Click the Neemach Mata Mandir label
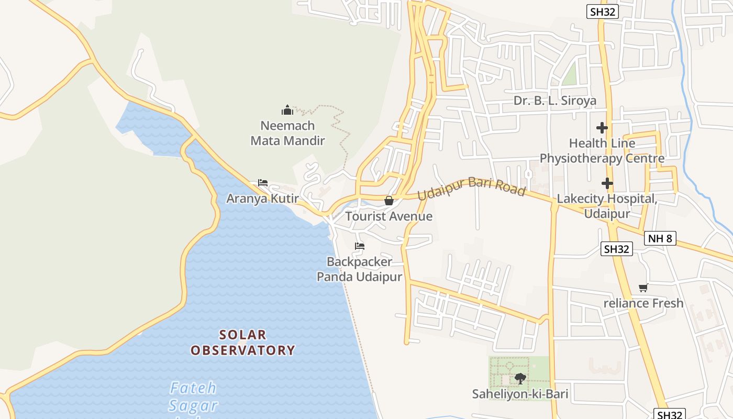click(x=287, y=133)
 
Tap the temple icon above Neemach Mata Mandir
click(x=287, y=111)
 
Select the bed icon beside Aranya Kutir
click(x=263, y=183)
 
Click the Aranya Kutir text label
click(x=262, y=199)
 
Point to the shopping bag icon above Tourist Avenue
click(x=389, y=200)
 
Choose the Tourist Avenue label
click(x=388, y=216)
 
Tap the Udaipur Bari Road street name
click(x=471, y=187)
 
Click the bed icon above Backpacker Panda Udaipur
click(x=359, y=246)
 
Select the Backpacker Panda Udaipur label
click(x=359, y=269)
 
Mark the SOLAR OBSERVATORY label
click(x=243, y=343)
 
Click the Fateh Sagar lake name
click(x=193, y=396)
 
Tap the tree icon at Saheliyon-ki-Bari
click(x=520, y=378)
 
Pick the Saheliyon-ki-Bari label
click(x=520, y=394)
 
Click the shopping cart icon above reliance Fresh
click(x=643, y=288)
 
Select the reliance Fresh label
click(x=643, y=303)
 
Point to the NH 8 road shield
click(x=660, y=238)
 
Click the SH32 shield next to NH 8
click(x=616, y=249)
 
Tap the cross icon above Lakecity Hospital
click(x=607, y=183)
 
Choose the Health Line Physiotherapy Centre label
click(x=602, y=151)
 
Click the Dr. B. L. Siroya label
click(x=555, y=101)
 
